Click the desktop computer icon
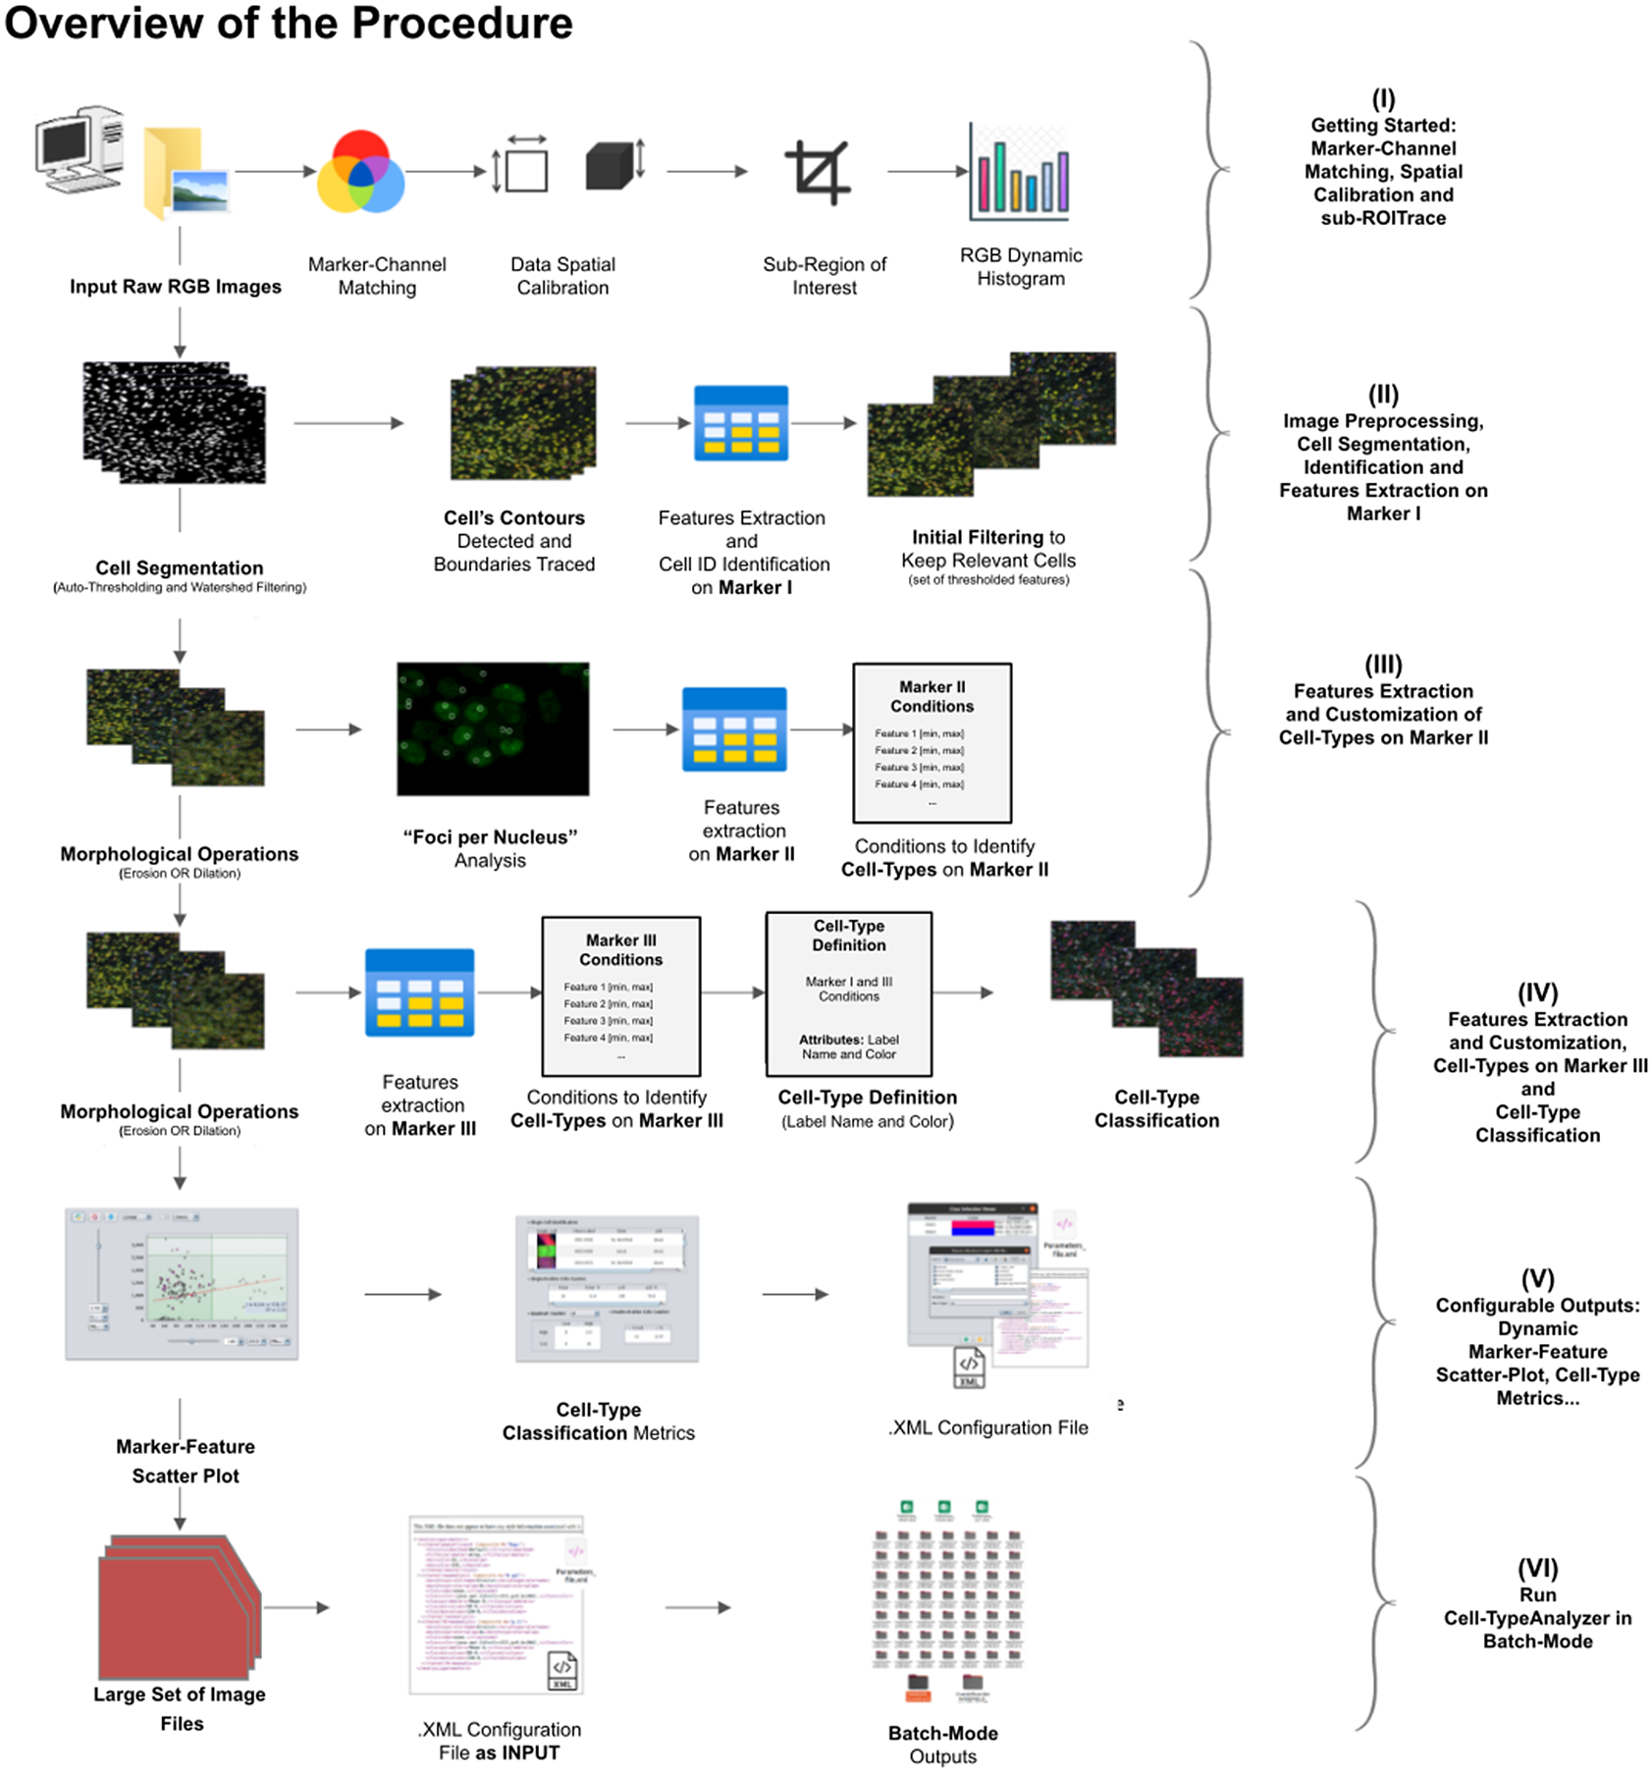[80, 149]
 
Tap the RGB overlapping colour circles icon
[360, 173]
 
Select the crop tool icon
[817, 173]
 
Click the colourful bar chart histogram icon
[1020, 173]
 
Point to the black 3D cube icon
[610, 166]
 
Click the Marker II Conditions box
[932, 743]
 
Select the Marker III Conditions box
[620, 996]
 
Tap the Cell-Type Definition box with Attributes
[849, 993]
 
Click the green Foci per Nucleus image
[493, 728]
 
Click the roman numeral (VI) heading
[1537, 1568]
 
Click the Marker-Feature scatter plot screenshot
[182, 1283]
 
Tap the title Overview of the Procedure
[289, 23]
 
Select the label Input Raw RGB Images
[175, 287]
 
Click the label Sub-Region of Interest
[824, 276]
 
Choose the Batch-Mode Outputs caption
[942, 1745]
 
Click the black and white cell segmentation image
[175, 422]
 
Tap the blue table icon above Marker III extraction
[419, 993]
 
